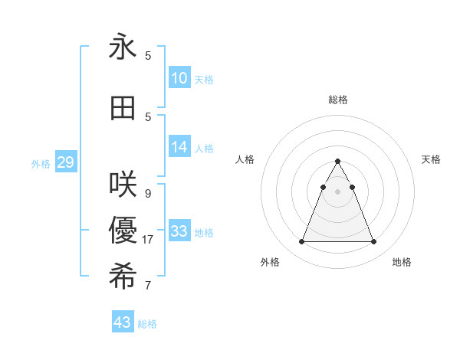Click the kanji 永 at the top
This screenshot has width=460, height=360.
123,47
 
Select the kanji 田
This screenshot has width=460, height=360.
123,108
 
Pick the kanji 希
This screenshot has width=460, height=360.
123,277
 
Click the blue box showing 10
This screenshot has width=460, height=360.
179,78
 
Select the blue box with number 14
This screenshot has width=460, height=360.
179,147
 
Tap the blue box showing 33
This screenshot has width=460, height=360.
179,231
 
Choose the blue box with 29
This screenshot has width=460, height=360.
65,162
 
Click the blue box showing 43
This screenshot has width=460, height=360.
123,322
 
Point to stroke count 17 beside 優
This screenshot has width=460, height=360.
148,240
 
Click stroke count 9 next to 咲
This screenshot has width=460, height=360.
148,193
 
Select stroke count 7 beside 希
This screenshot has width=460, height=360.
148,286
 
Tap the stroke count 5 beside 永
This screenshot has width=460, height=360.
148,56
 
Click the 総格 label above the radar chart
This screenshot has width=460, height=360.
337,100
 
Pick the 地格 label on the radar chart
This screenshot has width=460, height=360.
402,262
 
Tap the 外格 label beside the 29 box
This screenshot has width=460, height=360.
41,163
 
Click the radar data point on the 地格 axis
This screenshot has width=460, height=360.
373,242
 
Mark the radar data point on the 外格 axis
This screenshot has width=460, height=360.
301,242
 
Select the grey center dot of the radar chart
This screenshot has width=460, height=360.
337,191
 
